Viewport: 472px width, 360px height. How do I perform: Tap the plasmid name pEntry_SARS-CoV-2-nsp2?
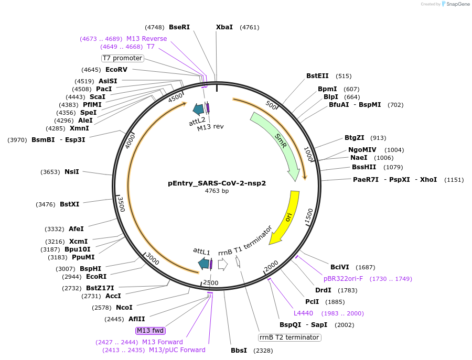[217, 183]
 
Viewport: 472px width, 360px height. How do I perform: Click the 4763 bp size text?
[217, 191]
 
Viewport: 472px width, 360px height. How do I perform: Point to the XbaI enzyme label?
[224, 27]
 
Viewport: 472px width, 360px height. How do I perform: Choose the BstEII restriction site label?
[317, 76]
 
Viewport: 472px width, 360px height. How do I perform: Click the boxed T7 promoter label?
[122, 58]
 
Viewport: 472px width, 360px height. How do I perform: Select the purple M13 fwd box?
[151, 331]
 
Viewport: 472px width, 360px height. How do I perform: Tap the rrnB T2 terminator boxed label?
[289, 337]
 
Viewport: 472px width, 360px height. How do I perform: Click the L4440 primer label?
[303, 313]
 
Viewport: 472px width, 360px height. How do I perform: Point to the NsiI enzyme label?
[72, 172]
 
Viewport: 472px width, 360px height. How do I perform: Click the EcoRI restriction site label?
[96, 277]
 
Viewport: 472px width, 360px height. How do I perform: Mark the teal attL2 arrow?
[198, 109]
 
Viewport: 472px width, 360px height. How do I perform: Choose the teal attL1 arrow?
[203, 264]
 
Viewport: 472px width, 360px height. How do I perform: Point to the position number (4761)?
[249, 27]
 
